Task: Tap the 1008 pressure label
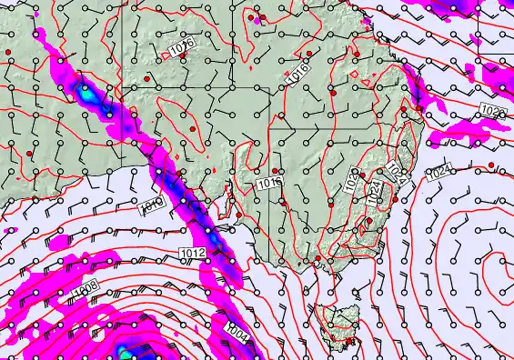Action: coord(85,288)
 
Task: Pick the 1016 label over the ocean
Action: coord(152,206)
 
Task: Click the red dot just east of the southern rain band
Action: coord(239,215)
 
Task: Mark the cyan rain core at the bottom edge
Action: coord(124,349)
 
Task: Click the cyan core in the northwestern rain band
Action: coord(86,92)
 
